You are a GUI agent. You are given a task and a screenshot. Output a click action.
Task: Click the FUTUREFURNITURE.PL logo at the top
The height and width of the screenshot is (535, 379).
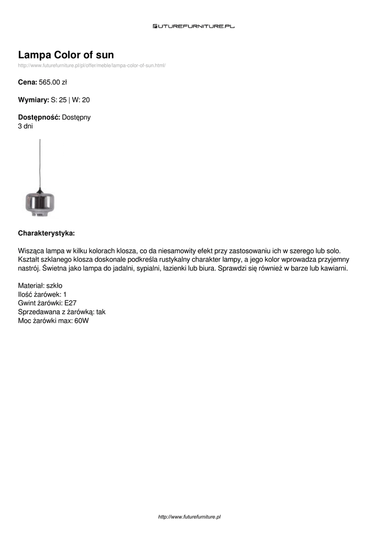[193, 26]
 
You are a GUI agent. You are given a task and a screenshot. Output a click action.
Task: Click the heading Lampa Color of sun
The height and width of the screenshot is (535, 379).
[66, 55]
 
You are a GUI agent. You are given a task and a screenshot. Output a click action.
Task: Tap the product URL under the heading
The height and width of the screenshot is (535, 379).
[91, 65]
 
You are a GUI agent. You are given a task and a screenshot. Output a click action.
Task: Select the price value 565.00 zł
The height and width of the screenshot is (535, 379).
[53, 82]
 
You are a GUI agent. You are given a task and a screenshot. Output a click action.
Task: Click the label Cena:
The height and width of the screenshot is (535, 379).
[27, 82]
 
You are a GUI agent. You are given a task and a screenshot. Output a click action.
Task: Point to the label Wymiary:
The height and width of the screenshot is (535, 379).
[33, 99]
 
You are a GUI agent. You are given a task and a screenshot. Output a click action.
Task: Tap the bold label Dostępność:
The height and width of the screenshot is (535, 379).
[39, 118]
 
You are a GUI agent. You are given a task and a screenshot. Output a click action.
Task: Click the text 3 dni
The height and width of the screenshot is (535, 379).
[26, 126]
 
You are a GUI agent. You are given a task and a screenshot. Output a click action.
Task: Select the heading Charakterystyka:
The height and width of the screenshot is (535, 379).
[46, 232]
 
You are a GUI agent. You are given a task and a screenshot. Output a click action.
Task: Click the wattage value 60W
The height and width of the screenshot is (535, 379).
[82, 321]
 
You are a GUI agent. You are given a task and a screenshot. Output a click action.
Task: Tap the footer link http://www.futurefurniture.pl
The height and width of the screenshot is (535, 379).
[189, 517]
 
